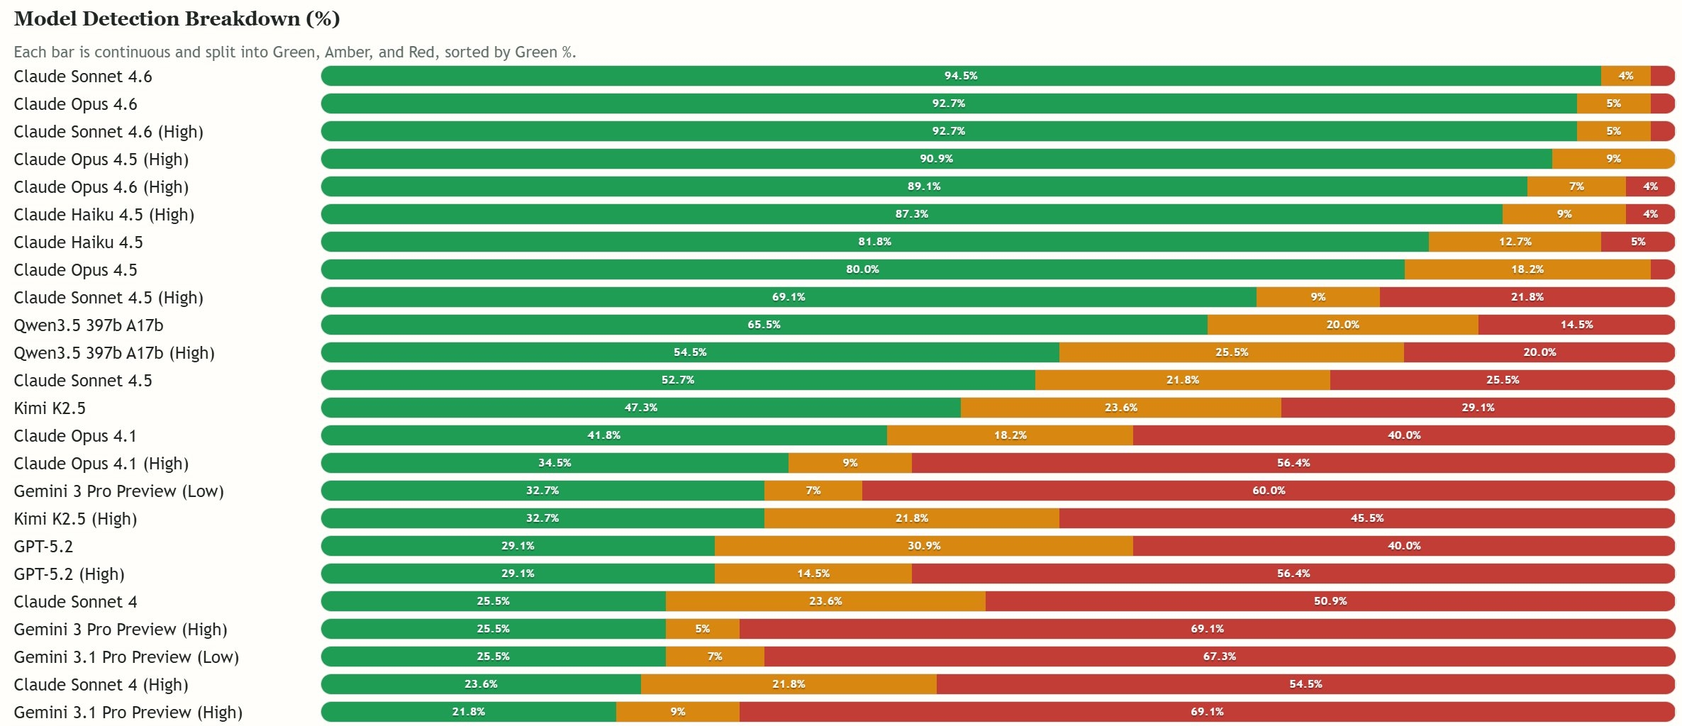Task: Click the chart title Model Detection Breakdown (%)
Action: pos(177,19)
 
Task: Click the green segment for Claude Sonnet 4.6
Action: pos(960,76)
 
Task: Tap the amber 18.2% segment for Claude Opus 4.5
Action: pos(1527,269)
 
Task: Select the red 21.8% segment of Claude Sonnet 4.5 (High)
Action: pos(1527,297)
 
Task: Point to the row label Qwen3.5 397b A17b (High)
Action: pos(114,353)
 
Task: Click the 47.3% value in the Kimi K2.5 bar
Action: pos(640,408)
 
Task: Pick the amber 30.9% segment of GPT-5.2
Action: pos(923,546)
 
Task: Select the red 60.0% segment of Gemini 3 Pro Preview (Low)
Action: pos(1268,491)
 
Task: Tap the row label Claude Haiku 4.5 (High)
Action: pos(104,215)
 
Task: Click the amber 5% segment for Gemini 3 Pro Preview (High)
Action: pos(702,629)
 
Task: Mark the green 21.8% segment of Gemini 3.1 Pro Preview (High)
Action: pos(468,712)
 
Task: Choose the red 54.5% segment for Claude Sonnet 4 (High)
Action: pos(1305,684)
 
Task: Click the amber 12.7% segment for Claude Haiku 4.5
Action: pos(1515,242)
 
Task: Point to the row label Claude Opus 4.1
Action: pos(75,436)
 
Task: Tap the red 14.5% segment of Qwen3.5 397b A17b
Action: pos(1576,325)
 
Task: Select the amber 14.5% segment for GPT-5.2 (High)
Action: pos(813,574)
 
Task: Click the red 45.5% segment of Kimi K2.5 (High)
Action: pos(1366,518)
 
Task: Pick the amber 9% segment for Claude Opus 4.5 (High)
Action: pos(1613,159)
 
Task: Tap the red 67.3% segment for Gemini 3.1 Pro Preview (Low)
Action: pos(1219,657)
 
